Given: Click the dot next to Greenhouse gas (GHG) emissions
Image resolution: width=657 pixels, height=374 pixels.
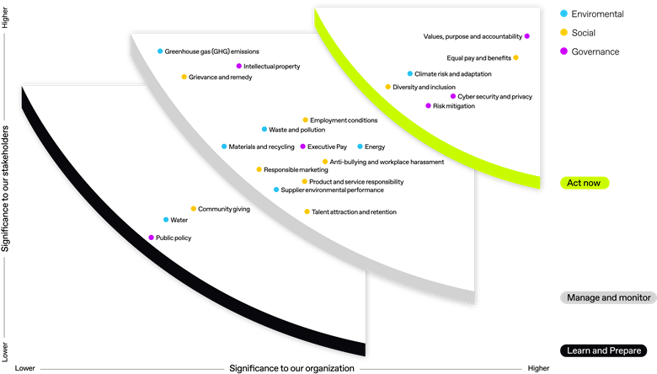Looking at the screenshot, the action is (160, 51).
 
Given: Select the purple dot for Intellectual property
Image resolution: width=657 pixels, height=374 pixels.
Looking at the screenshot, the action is (239, 66).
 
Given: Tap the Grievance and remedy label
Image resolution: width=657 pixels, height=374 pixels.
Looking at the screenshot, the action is (221, 77).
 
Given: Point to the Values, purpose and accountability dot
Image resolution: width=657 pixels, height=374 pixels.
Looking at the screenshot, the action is (527, 36).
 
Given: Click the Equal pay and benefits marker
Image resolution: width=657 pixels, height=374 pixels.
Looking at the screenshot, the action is (515, 57).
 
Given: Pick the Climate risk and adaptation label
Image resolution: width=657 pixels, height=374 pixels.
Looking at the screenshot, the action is (453, 74).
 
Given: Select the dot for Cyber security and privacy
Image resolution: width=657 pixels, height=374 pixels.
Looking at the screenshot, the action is (453, 96).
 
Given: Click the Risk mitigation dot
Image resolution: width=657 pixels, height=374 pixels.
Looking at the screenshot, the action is (428, 105).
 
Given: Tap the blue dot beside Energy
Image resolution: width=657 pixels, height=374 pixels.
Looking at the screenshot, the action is (360, 147).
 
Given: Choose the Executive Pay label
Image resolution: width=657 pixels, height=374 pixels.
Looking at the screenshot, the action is (328, 147).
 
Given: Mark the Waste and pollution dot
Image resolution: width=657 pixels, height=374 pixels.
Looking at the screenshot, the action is (264, 129).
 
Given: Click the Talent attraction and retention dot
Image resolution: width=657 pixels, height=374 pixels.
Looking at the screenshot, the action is (307, 211).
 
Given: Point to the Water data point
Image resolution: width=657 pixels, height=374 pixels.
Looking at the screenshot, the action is (166, 220).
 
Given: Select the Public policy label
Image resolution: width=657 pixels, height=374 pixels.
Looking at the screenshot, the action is (174, 238).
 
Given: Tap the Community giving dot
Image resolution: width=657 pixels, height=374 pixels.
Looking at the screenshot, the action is (194, 208).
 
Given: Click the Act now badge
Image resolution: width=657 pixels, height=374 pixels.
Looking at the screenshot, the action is (585, 183).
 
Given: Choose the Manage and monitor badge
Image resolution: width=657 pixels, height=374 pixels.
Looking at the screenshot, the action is (608, 297).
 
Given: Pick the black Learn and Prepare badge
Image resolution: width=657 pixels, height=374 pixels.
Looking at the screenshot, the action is (604, 350).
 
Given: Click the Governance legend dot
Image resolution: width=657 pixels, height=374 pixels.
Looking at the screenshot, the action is (564, 51).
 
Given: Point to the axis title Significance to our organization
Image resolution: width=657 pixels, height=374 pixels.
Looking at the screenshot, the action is (291, 368).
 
